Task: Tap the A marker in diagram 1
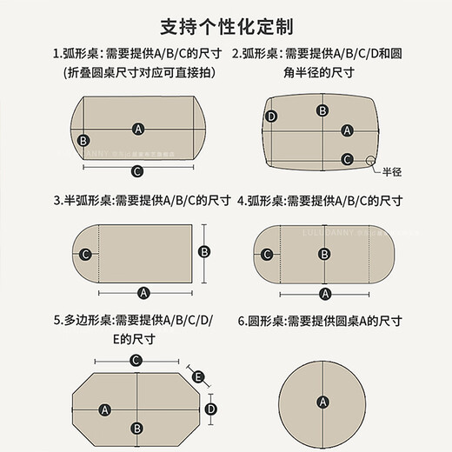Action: (138, 129)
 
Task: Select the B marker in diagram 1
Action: (83, 140)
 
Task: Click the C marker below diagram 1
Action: (136, 170)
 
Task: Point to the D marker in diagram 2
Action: (271, 116)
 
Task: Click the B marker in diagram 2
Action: (322, 110)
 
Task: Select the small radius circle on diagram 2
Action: (372, 160)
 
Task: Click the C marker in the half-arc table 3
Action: (85, 254)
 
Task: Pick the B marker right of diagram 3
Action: (205, 251)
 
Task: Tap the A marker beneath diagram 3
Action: (143, 293)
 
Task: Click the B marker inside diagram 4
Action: (324, 254)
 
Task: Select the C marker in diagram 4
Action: (268, 254)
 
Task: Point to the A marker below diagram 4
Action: (324, 293)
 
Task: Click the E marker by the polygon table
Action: (198, 376)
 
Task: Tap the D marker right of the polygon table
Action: (209, 407)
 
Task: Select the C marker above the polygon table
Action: (136, 360)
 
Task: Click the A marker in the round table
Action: (323, 401)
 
